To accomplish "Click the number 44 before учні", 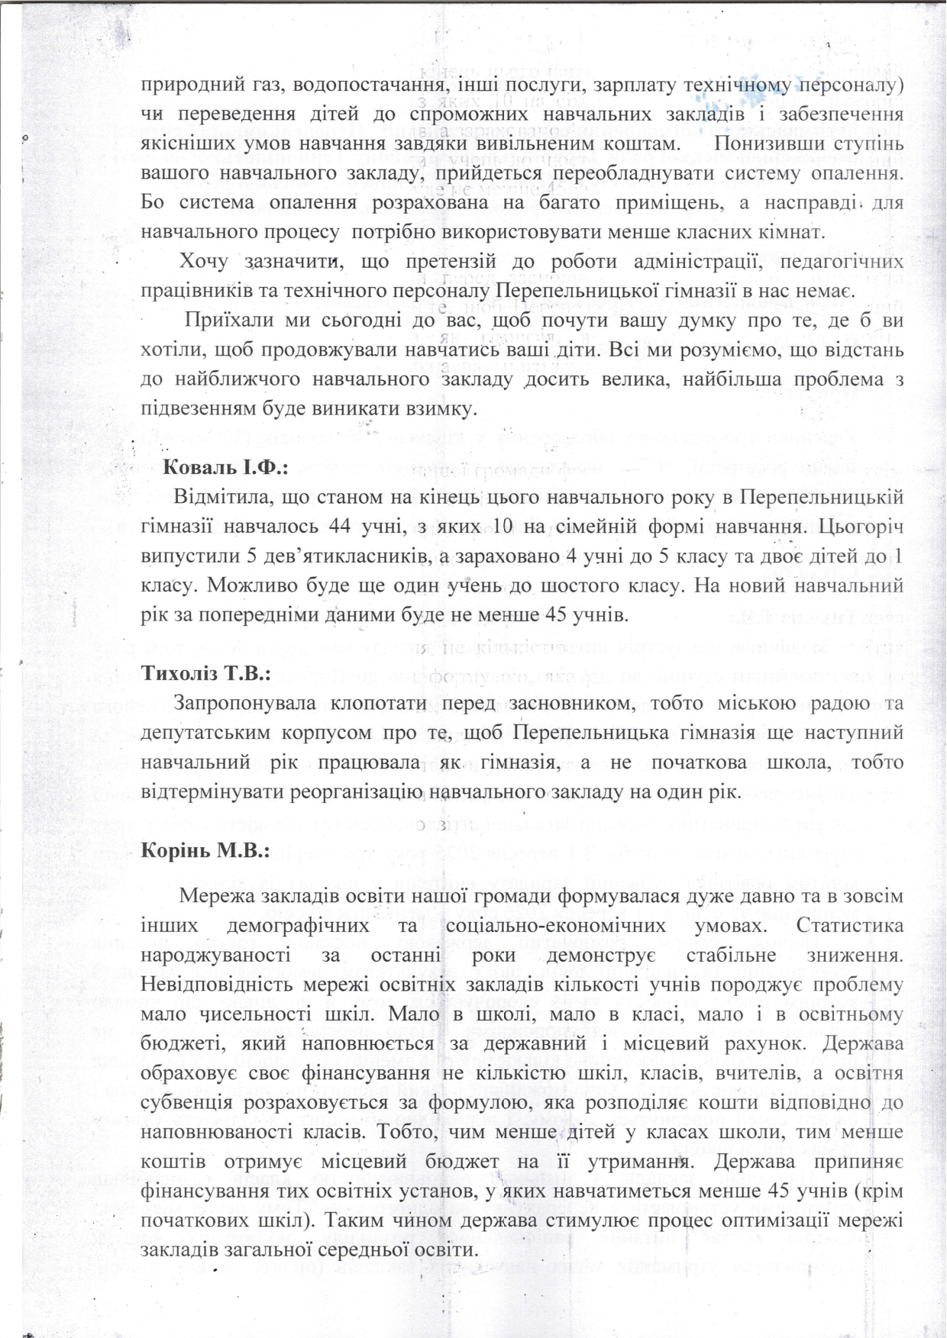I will (341, 527).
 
